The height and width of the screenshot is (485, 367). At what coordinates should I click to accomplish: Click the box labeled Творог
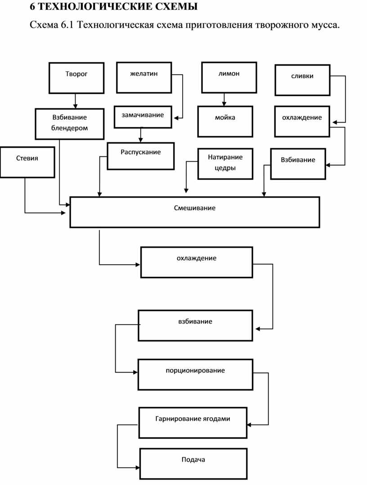(76, 78)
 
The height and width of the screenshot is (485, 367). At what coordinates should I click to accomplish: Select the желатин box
(144, 77)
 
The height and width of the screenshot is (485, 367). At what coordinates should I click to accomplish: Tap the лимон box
(229, 77)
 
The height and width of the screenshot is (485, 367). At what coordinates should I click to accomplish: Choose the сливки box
(302, 80)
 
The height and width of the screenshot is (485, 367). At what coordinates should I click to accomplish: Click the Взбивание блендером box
(70, 124)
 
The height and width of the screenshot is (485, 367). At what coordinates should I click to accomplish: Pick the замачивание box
(143, 117)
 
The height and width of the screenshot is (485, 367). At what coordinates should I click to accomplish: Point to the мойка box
(225, 121)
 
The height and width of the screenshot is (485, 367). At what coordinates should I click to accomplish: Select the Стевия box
(27, 162)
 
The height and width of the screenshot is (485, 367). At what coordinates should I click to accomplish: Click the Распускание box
(141, 156)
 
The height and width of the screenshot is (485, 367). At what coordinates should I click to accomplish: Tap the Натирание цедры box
(225, 164)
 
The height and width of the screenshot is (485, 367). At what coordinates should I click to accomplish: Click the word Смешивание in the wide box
(195, 208)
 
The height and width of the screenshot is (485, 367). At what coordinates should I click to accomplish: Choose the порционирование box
(195, 374)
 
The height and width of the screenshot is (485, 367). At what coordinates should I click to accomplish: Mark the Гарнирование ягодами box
(193, 423)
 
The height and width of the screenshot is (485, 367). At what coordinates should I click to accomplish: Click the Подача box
(193, 464)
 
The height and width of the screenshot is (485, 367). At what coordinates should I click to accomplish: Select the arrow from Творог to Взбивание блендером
(75, 101)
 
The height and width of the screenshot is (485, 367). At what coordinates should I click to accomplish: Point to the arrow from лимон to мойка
(224, 99)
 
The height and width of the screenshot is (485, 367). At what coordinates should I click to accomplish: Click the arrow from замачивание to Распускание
(141, 135)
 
